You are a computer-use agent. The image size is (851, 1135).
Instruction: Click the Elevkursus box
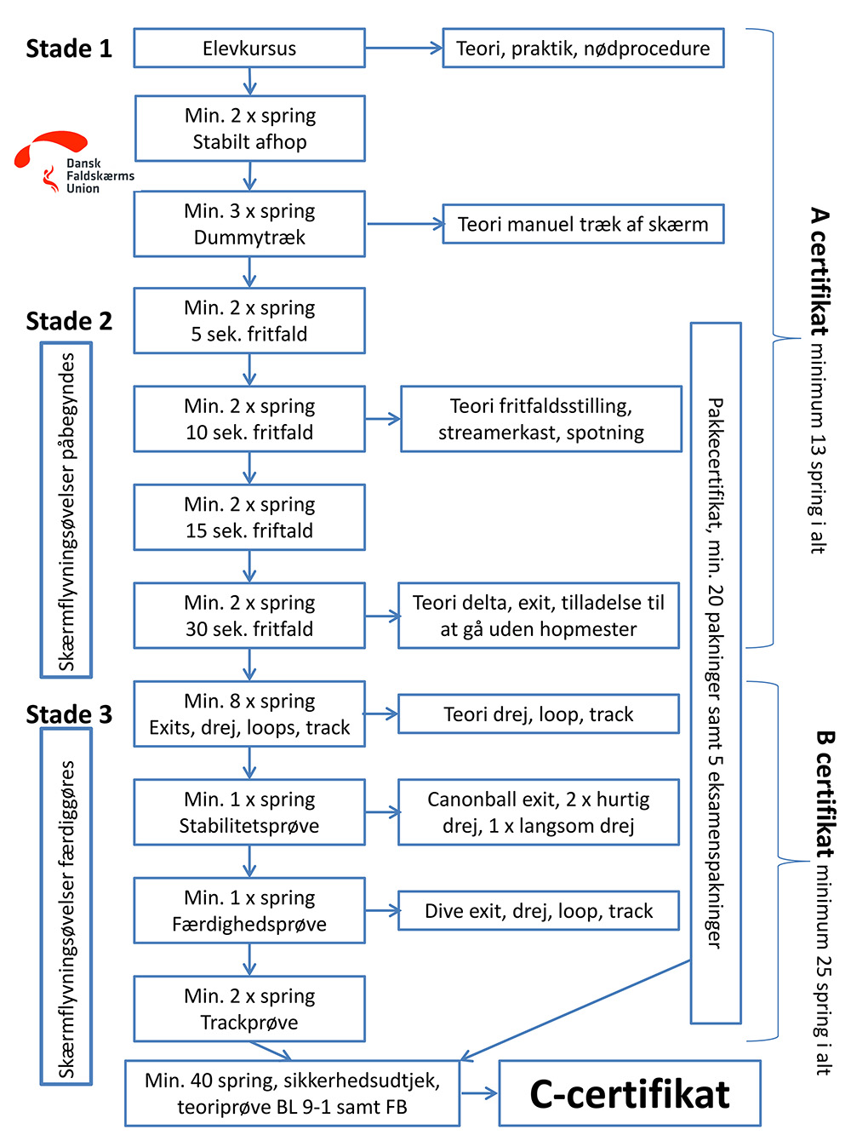click(249, 48)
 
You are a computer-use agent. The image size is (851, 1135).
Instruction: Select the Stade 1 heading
click(69, 49)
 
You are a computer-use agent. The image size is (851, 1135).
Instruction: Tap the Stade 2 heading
click(69, 321)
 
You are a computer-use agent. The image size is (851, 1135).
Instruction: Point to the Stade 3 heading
click(69, 714)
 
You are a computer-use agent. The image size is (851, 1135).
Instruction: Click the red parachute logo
click(51, 149)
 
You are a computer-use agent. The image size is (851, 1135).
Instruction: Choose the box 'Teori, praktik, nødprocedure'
click(583, 48)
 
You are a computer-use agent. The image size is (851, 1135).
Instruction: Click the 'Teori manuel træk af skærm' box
click(583, 224)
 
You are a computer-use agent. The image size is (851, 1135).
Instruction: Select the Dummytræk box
click(249, 224)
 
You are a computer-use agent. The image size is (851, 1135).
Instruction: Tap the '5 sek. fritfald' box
click(249, 321)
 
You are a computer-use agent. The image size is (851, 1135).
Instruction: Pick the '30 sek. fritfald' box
click(249, 616)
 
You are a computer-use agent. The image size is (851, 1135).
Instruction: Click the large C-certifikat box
click(630, 1092)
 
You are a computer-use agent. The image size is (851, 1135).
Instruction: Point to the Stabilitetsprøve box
click(249, 811)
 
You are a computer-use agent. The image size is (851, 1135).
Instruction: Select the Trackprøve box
click(249, 1008)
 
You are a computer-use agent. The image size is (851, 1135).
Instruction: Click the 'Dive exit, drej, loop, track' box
click(539, 910)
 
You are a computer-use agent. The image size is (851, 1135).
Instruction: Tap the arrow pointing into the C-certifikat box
click(479, 1093)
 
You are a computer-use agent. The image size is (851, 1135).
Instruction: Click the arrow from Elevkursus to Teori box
click(404, 48)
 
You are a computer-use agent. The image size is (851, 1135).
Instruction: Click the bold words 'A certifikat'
click(820, 272)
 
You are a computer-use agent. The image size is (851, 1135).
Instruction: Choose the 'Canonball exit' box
click(539, 811)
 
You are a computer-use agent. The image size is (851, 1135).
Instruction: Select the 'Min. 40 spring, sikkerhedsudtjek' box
click(292, 1092)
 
